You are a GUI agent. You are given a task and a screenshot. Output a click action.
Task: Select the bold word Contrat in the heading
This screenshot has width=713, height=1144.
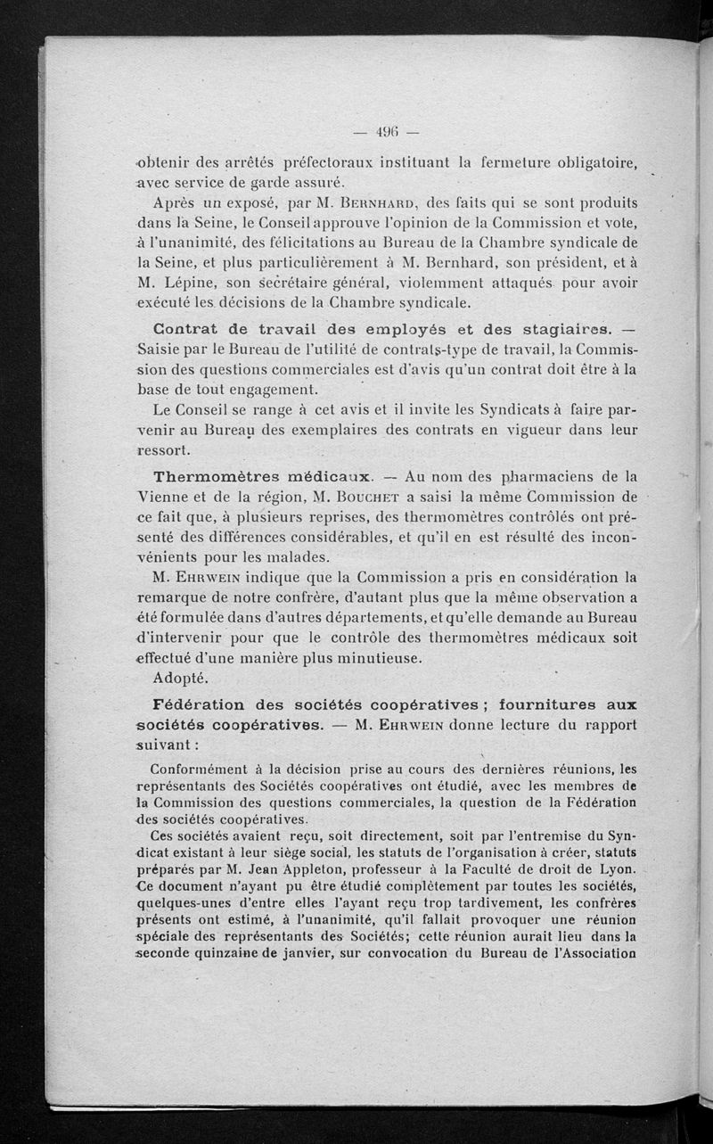coord(184,325)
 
